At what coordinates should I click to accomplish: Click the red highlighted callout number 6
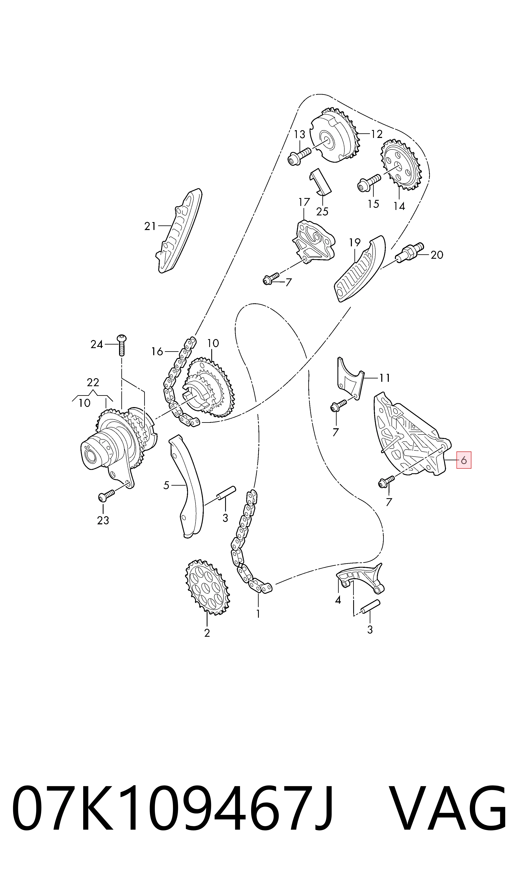click(464, 460)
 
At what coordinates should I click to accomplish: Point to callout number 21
click(150, 227)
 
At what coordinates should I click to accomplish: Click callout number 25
click(322, 211)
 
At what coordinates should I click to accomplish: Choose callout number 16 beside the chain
click(157, 351)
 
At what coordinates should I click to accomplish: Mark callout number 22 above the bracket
click(93, 382)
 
